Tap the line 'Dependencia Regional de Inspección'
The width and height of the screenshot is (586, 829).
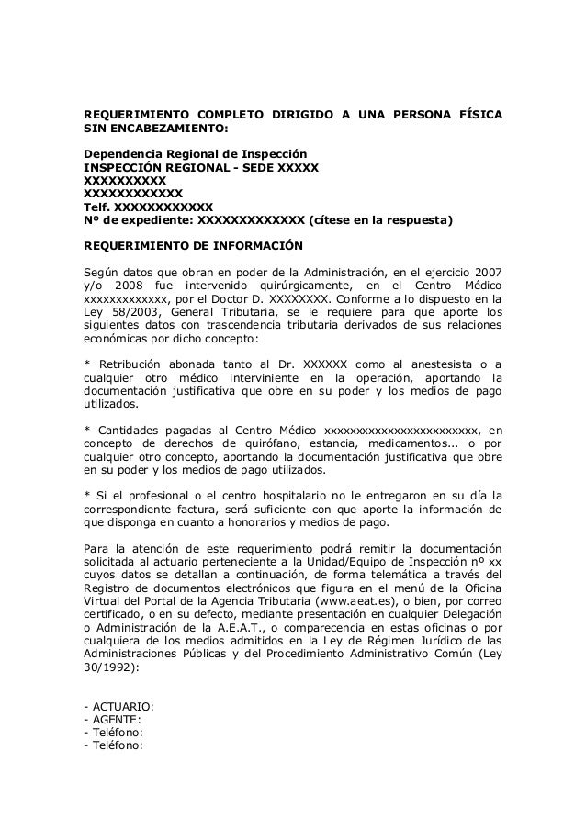[x=196, y=155]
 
